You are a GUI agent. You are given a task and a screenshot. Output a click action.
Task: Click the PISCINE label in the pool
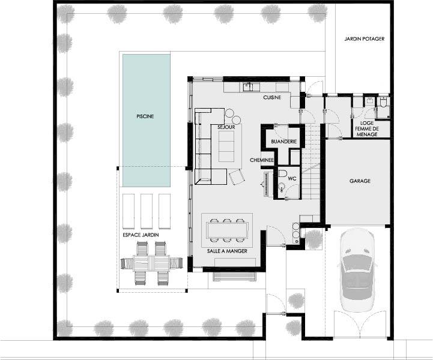(x=145, y=116)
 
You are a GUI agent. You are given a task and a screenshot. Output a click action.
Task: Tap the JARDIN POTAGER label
(x=365, y=39)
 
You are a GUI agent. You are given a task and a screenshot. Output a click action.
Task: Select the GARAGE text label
(x=360, y=181)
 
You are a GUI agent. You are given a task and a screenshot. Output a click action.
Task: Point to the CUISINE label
(x=272, y=97)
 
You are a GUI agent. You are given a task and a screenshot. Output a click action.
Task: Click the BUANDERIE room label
(x=284, y=142)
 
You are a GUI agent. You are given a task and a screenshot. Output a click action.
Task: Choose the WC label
(x=292, y=178)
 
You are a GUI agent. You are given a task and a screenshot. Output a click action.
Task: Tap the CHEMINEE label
(x=262, y=160)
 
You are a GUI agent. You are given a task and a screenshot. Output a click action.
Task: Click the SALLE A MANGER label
(x=227, y=251)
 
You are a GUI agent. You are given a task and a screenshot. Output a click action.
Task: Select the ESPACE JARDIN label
(x=141, y=235)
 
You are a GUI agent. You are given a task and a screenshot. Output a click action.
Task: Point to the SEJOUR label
(x=226, y=127)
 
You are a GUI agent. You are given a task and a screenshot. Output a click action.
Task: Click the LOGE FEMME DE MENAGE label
(x=367, y=129)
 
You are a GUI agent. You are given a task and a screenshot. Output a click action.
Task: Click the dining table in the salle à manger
(x=227, y=230)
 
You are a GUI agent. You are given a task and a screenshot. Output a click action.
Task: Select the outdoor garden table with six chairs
(x=151, y=263)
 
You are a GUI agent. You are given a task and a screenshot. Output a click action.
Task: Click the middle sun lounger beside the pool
(x=147, y=211)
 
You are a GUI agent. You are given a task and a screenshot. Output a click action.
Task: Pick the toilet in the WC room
(x=282, y=174)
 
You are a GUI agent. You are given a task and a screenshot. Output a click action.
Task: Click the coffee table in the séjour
(x=226, y=146)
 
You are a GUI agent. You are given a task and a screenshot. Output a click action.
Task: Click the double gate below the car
(x=360, y=324)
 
